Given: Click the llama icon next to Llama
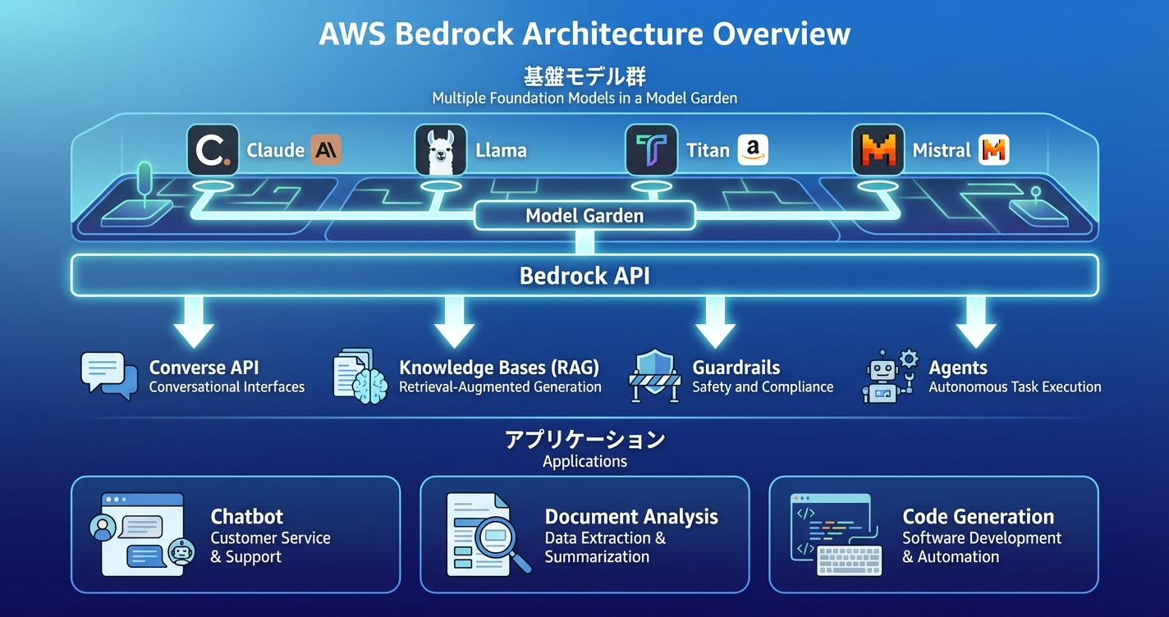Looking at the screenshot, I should coord(441,150).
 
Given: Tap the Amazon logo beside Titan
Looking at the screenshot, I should coord(753,150).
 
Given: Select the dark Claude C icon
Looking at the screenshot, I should coord(213,150).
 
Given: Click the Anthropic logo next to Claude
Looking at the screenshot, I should coord(326,150).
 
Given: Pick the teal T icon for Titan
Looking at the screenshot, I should coord(651,150).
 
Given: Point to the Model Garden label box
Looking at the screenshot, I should coord(584,216).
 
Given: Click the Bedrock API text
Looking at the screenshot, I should coord(584,275).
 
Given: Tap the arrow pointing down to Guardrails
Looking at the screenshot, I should coord(715,322).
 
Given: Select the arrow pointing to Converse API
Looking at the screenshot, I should coord(194,322).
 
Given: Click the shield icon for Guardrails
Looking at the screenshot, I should coord(655,371).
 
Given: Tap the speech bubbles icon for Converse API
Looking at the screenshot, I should coord(108,376).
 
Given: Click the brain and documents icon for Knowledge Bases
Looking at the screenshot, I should coord(360,376).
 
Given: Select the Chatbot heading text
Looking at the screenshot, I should coord(246,517).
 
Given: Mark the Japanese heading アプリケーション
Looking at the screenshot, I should coord(584,440).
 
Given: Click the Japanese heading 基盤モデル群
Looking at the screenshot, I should coord(584,77).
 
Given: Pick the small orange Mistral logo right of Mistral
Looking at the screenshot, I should coord(994,150).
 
